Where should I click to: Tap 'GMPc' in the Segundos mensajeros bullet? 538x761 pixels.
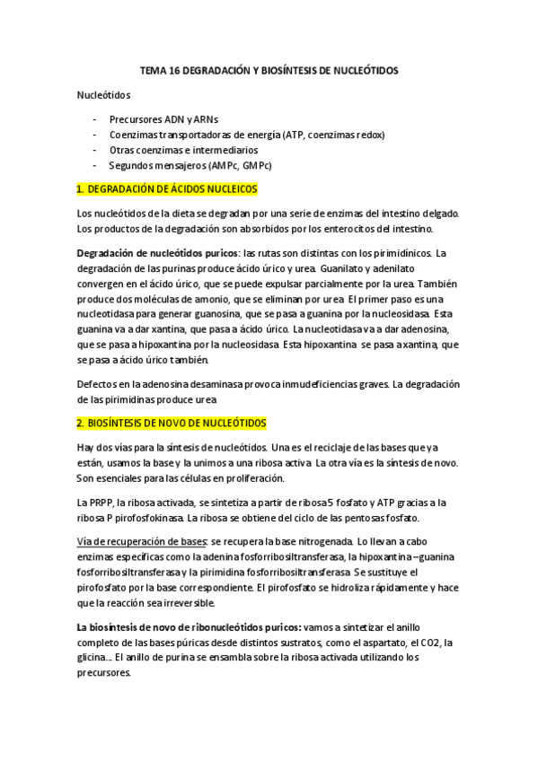(x=253, y=166)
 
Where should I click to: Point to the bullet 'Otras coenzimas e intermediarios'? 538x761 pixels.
(x=183, y=151)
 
